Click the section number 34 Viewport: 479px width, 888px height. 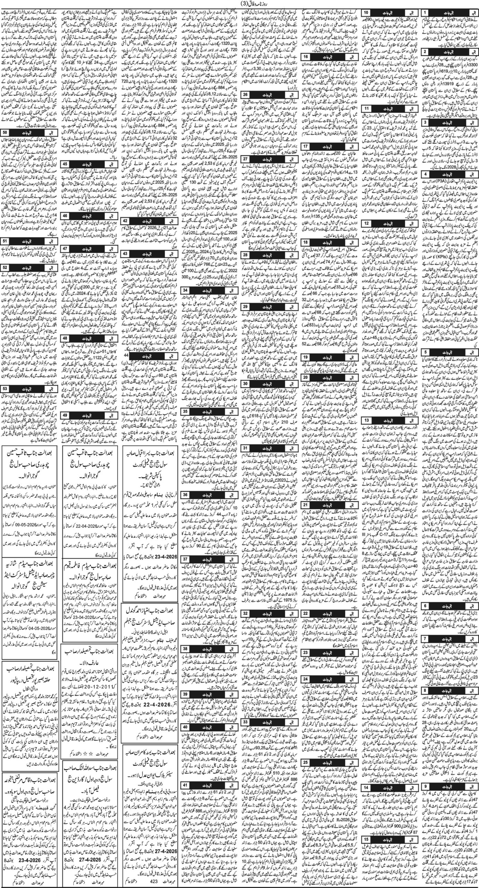click(186, 290)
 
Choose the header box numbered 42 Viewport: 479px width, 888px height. click(125, 221)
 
